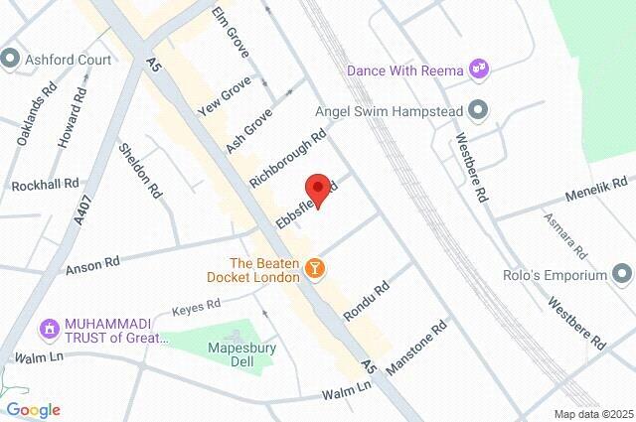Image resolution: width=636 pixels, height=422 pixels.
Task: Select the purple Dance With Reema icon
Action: [480, 69]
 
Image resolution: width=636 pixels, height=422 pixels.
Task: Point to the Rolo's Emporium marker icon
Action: [622, 272]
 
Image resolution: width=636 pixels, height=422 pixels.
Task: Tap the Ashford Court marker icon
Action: [11, 59]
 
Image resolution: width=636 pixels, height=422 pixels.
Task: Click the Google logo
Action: [33, 409]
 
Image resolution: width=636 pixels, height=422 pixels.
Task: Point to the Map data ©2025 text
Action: [592, 414]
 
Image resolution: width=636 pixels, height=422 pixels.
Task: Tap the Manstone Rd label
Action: [416, 348]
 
